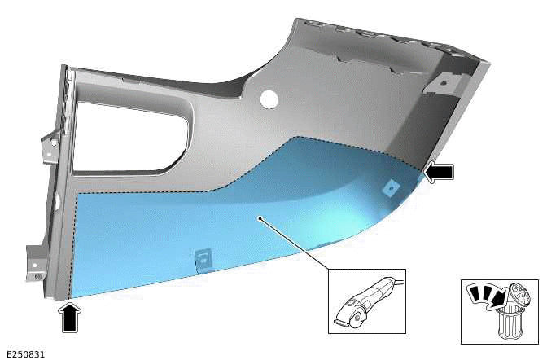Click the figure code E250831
[24, 354]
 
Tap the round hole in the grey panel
[268, 99]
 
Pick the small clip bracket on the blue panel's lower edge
[200, 260]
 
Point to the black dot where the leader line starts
[259, 218]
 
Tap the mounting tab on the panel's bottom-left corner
[36, 262]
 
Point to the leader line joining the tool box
[297, 245]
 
